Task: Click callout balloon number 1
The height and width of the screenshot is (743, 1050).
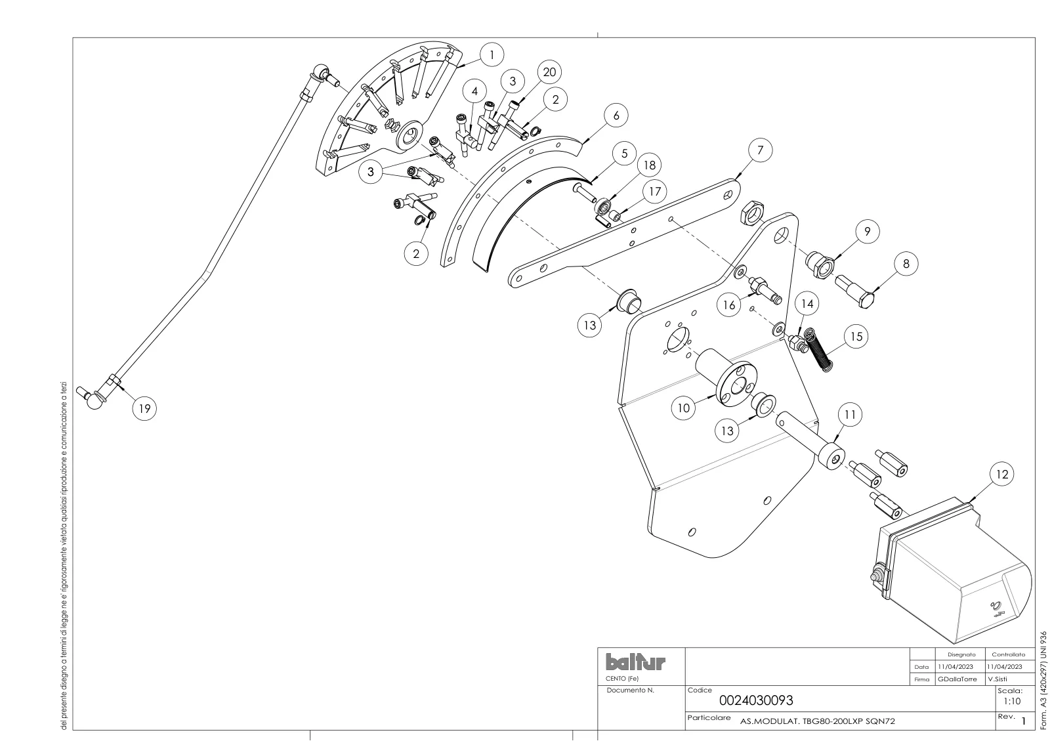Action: click(492, 55)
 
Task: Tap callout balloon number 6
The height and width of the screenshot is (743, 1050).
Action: click(616, 116)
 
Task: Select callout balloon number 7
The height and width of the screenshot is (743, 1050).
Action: click(760, 150)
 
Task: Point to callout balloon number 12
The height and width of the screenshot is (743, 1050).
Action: click(1001, 475)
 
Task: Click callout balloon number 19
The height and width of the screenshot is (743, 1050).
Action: click(144, 408)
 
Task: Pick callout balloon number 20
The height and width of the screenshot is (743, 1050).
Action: click(549, 72)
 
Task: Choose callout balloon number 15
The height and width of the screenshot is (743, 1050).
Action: click(856, 337)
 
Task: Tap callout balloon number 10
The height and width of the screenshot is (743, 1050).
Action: click(683, 408)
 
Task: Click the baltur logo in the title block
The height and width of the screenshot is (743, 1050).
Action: click(636, 662)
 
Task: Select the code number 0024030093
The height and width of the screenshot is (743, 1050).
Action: click(756, 701)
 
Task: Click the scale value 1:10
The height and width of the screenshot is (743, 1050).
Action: click(1012, 702)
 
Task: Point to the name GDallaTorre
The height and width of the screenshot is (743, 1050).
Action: click(957, 679)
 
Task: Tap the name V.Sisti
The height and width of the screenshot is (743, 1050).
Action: click(997, 679)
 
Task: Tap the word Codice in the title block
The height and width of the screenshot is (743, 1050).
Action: click(700, 690)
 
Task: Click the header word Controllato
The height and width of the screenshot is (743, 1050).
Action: click(1008, 654)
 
